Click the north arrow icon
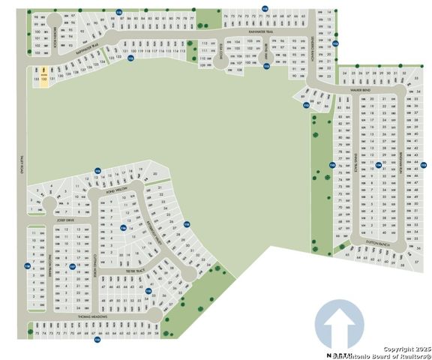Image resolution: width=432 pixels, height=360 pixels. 339,325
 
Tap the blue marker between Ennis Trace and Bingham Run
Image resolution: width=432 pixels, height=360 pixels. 379,164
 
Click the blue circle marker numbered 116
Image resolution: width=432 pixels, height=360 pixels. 123,228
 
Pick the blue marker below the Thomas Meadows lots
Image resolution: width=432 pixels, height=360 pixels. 97,340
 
